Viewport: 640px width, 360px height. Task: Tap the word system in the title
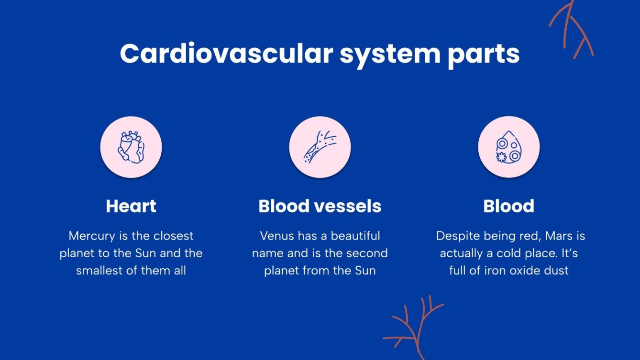[389, 55]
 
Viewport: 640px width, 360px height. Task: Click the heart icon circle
[131, 147]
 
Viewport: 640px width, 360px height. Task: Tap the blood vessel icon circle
[320, 147]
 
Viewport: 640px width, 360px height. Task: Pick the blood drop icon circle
[508, 147]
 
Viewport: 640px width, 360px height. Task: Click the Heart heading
[131, 206]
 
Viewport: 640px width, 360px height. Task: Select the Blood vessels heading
[320, 206]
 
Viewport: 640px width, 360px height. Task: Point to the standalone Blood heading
[508, 206]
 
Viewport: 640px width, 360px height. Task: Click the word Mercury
[89, 236]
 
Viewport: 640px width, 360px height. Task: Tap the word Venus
[277, 236]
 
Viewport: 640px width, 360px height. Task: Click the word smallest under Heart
[99, 270]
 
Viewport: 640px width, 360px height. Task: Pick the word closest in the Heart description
[175, 236]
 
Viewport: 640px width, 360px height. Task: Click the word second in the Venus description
[368, 253]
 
